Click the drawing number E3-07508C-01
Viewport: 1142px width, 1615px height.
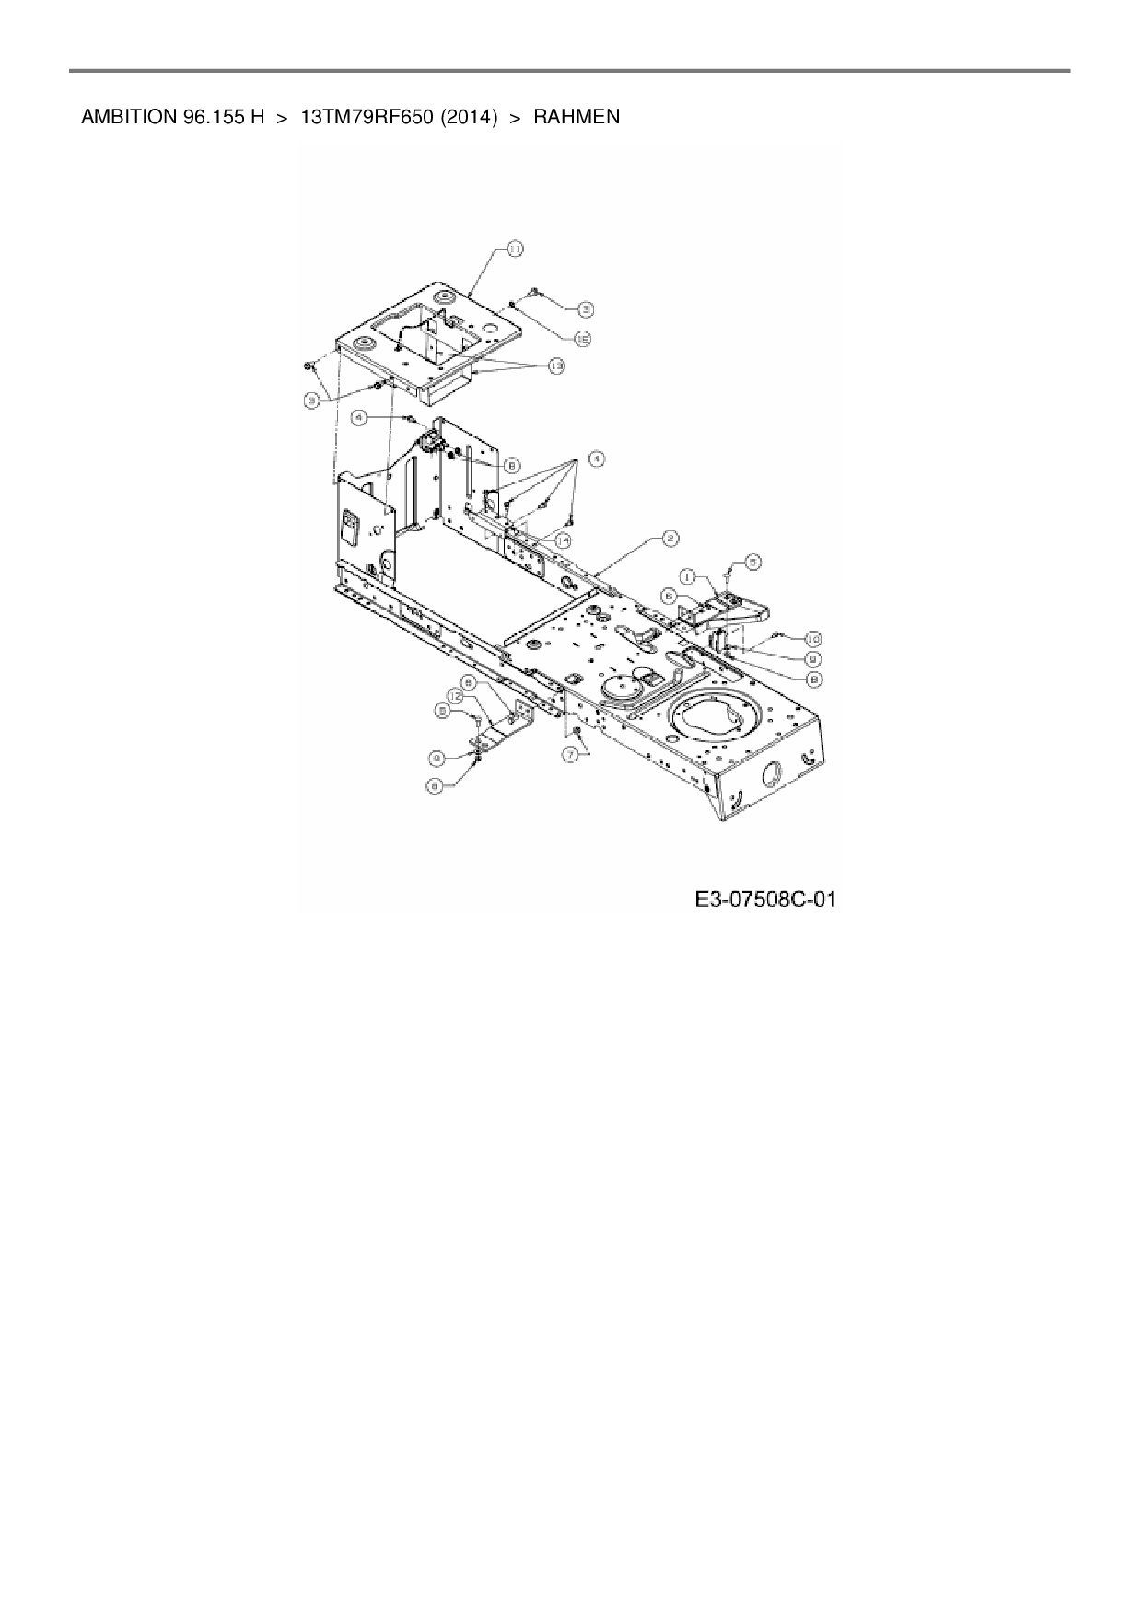click(764, 899)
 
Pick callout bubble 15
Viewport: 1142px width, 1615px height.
click(582, 339)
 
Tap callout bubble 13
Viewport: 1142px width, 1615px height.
click(555, 366)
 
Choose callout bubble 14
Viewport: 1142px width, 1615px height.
click(564, 540)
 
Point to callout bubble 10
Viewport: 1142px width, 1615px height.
click(812, 637)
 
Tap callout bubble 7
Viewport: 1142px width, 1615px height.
click(577, 752)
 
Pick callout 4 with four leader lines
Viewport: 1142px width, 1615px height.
click(597, 457)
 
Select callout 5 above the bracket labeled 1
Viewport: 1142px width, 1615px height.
click(753, 560)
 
